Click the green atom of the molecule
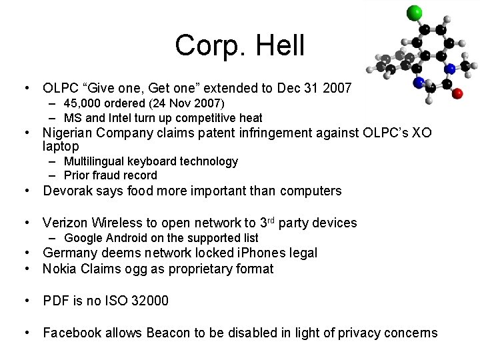click(x=414, y=12)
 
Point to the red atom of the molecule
click(x=457, y=93)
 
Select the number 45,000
click(x=85, y=103)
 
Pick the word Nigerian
click(x=70, y=133)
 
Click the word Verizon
click(x=65, y=223)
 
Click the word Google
click(x=83, y=238)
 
